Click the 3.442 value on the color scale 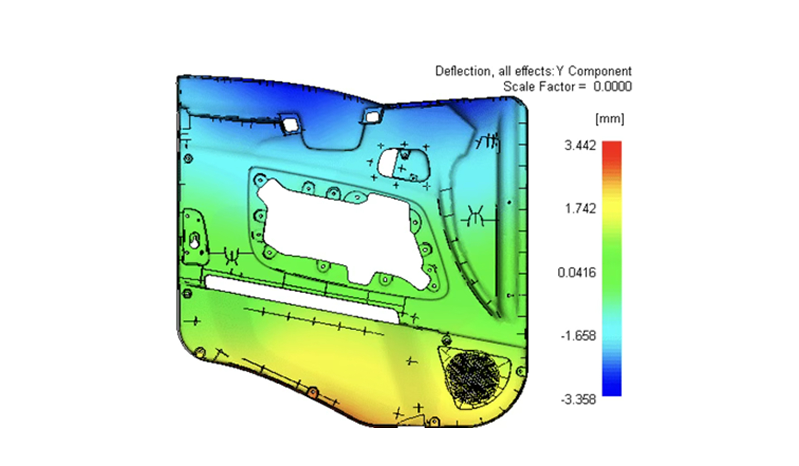[580, 146]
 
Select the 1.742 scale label [580, 209]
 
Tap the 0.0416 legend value [577, 273]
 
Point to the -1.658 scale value [578, 336]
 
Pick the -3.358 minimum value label [578, 399]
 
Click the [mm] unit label [610, 118]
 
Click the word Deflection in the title [463, 71]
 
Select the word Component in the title [600, 71]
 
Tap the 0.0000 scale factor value [612, 87]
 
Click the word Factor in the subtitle [557, 87]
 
